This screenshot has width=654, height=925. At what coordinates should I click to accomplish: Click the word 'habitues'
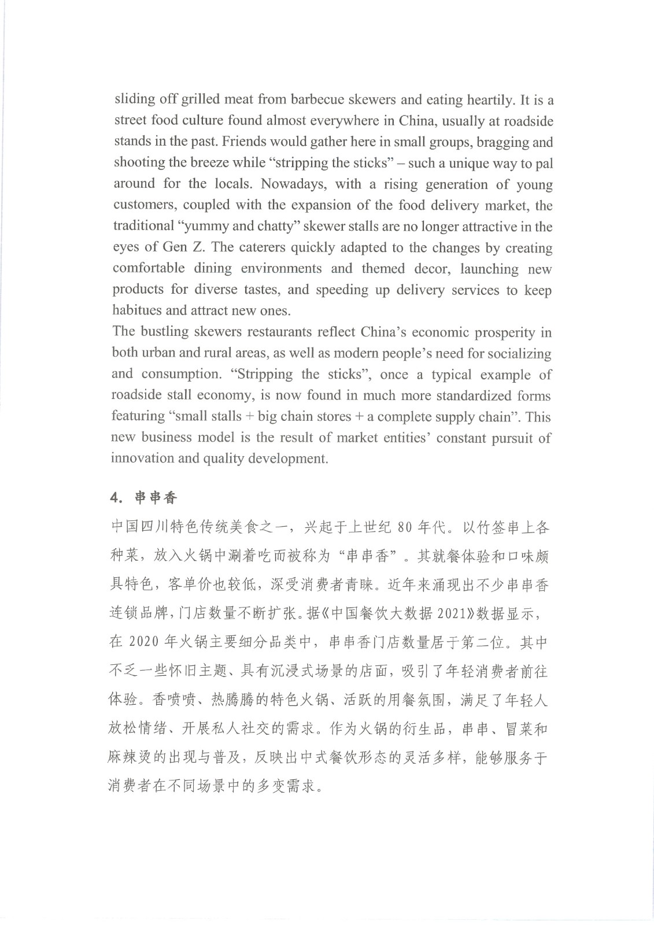point(137,310)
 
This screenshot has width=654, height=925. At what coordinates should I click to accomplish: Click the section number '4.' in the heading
point(117,498)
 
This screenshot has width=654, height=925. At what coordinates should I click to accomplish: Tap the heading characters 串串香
point(156,498)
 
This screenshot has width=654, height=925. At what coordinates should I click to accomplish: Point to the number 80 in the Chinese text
point(405,527)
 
